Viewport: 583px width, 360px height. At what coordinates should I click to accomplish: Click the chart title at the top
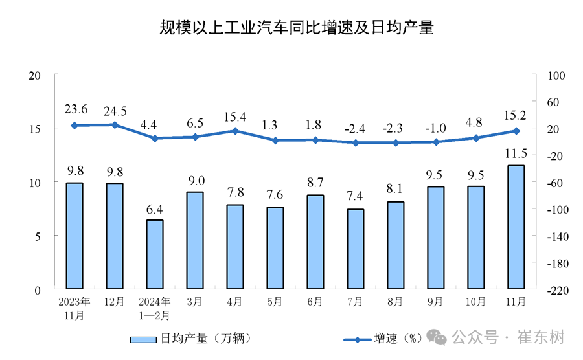tap(297, 27)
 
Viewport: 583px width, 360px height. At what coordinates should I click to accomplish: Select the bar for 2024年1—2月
tap(155, 254)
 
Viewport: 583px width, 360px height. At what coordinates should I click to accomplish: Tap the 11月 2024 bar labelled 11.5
tap(516, 227)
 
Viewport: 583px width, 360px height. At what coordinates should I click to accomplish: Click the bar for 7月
tap(356, 249)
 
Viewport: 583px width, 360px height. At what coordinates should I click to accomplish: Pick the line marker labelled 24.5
tap(115, 125)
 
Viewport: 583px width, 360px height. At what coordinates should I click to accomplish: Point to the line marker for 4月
tap(235, 131)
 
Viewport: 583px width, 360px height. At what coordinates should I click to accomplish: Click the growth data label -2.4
tap(355, 129)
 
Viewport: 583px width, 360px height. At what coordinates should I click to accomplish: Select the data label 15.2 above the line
tap(515, 115)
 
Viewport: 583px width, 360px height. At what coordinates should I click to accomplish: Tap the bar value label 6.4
tap(154, 210)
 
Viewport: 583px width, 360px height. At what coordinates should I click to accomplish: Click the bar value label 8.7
tap(315, 183)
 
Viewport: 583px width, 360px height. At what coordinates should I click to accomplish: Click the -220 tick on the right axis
tap(558, 291)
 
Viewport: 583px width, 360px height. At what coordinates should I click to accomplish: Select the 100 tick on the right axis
tap(556, 75)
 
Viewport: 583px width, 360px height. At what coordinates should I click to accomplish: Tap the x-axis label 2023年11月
tap(74, 308)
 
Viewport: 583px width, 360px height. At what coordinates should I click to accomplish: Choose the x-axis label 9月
tap(435, 302)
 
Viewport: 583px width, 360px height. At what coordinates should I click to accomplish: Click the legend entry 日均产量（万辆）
tap(191, 339)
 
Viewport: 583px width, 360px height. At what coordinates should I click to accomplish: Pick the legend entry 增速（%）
tap(383, 339)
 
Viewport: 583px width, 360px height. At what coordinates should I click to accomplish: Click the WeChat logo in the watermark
tap(436, 337)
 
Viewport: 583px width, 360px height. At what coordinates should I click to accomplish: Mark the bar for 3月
tap(195, 240)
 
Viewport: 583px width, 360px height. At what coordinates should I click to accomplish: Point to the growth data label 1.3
tap(269, 125)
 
